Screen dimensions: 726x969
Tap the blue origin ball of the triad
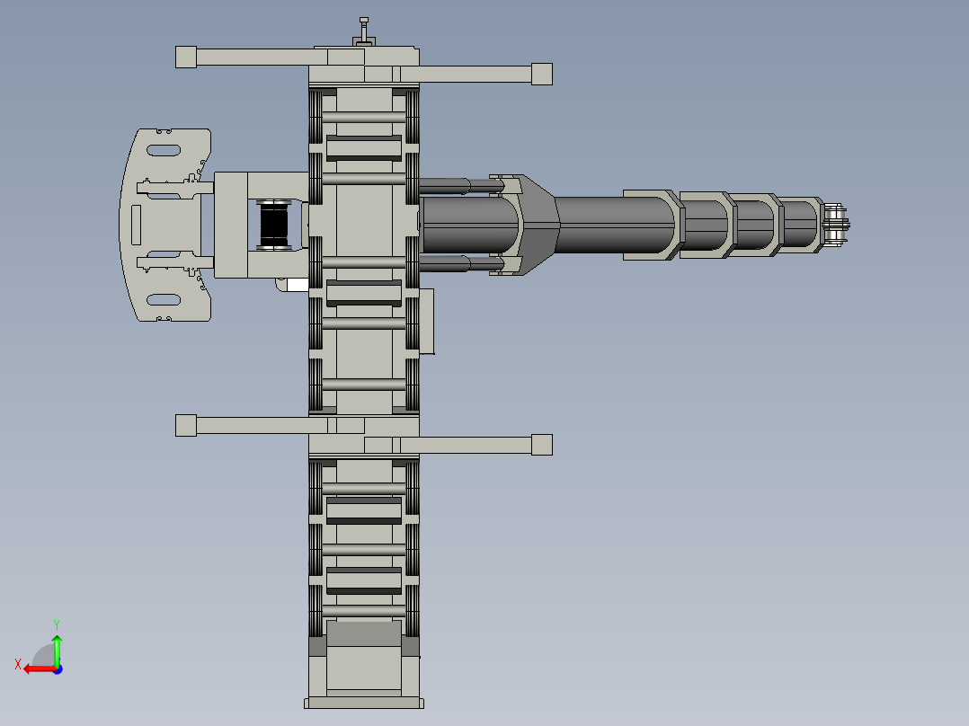pyautogui.click(x=57, y=668)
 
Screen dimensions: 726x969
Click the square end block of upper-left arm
pyautogui.click(x=186, y=58)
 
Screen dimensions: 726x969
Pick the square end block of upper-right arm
pyautogui.click(x=541, y=74)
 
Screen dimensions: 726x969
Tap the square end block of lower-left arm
pyautogui.click(x=186, y=425)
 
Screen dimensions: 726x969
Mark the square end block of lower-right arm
pyautogui.click(x=541, y=445)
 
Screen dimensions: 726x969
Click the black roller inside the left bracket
pyautogui.click(x=274, y=225)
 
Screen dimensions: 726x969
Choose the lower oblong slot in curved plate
pyautogui.click(x=163, y=299)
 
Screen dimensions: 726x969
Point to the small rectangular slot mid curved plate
pyautogui.click(x=136, y=225)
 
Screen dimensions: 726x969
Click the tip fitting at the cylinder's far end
pyautogui.click(x=836, y=225)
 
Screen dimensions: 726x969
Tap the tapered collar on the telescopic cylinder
pyautogui.click(x=539, y=225)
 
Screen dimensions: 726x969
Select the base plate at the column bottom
pyautogui.click(x=363, y=703)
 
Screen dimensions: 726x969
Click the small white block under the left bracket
pyautogui.click(x=292, y=285)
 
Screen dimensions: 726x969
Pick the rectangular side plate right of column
pyautogui.click(x=427, y=321)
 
